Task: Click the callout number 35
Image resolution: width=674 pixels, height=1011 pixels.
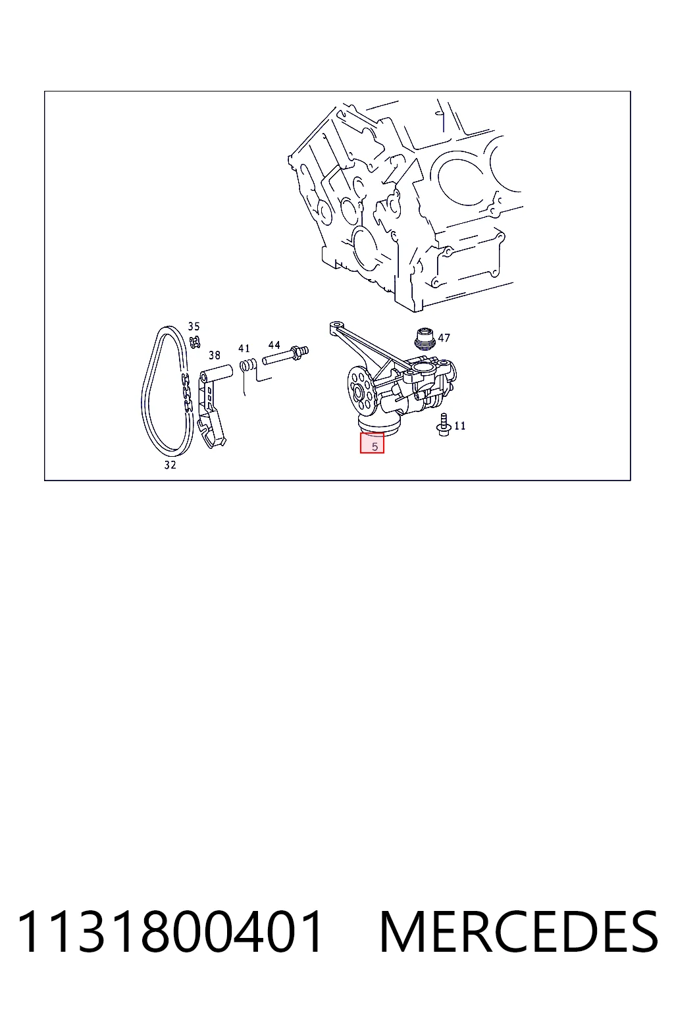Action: [x=194, y=326]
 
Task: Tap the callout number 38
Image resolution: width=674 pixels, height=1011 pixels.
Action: [x=215, y=355]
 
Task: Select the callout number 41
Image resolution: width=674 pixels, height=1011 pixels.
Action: [x=244, y=348]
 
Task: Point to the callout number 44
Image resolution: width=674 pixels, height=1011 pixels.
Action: [x=274, y=346]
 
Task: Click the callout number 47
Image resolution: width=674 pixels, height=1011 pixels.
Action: [x=444, y=338]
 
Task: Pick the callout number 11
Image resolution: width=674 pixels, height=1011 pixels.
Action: [x=459, y=426]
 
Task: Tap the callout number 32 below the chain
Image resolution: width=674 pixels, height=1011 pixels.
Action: [x=170, y=465]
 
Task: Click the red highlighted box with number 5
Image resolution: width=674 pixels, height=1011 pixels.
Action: [x=372, y=443]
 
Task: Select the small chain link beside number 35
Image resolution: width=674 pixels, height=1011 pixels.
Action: [x=195, y=342]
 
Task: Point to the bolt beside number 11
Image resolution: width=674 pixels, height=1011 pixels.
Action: [x=442, y=425]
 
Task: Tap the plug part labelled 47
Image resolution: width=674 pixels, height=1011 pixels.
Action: [x=425, y=338]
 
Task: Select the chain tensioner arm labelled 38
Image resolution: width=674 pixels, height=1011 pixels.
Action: [x=212, y=406]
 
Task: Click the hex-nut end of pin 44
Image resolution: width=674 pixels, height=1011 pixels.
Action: [x=298, y=352]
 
